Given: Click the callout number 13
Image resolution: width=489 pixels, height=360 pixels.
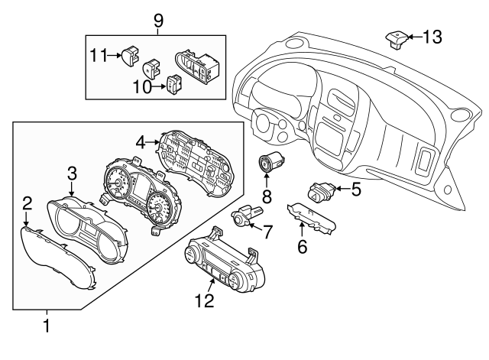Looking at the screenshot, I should pyautogui.click(x=432, y=37).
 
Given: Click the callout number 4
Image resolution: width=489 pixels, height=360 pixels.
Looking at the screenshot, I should pyautogui.click(x=141, y=141).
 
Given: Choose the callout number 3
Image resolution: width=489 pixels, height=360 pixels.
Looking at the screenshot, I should pyautogui.click(x=72, y=172).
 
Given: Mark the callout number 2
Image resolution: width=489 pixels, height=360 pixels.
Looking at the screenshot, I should pyautogui.click(x=27, y=203).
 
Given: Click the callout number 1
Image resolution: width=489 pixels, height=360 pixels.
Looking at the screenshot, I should pyautogui.click(x=47, y=326).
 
